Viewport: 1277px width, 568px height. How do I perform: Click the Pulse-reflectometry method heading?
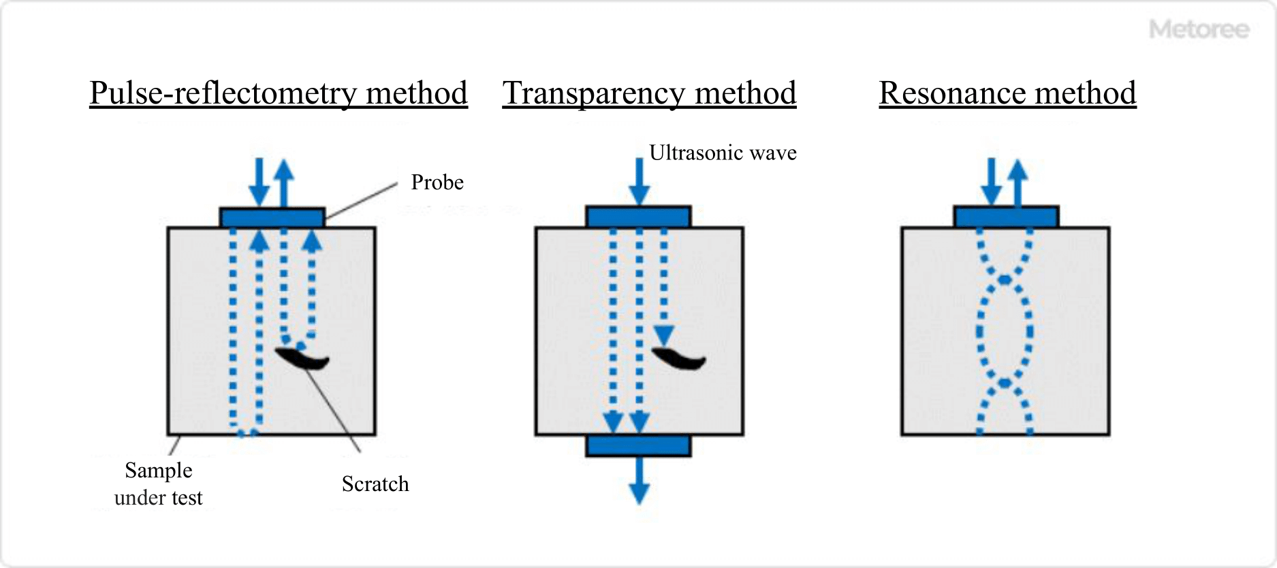click(x=278, y=93)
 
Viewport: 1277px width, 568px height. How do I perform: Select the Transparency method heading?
click(x=649, y=93)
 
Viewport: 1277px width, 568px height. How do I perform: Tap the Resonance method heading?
click(x=1007, y=93)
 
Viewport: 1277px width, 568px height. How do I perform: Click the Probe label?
click(x=437, y=183)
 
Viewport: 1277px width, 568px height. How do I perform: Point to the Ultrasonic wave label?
click(x=723, y=153)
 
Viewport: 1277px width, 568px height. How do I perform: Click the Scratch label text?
click(x=375, y=484)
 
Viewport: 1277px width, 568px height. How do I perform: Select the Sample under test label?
click(x=159, y=484)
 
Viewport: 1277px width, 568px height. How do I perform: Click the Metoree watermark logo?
click(x=1199, y=29)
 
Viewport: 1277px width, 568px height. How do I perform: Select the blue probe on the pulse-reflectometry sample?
click(x=272, y=218)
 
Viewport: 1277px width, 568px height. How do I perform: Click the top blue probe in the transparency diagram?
click(x=639, y=217)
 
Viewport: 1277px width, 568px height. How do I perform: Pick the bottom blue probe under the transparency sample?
click(x=639, y=446)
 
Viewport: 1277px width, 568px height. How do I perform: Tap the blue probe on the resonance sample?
click(x=1006, y=217)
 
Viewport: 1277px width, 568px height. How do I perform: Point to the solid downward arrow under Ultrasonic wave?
click(x=639, y=181)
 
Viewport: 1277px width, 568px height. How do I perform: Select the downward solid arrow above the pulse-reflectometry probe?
click(x=259, y=181)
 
